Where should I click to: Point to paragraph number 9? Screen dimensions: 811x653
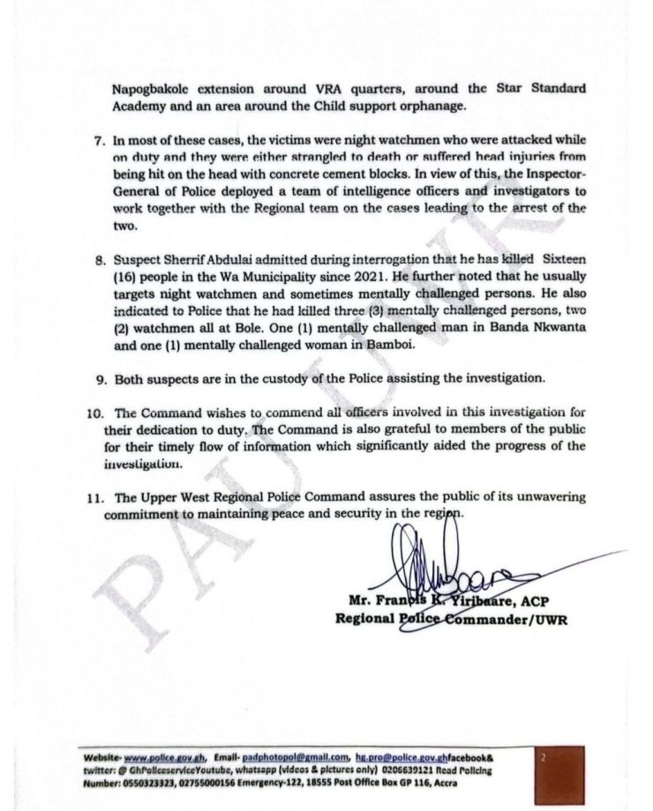coord(99,378)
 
